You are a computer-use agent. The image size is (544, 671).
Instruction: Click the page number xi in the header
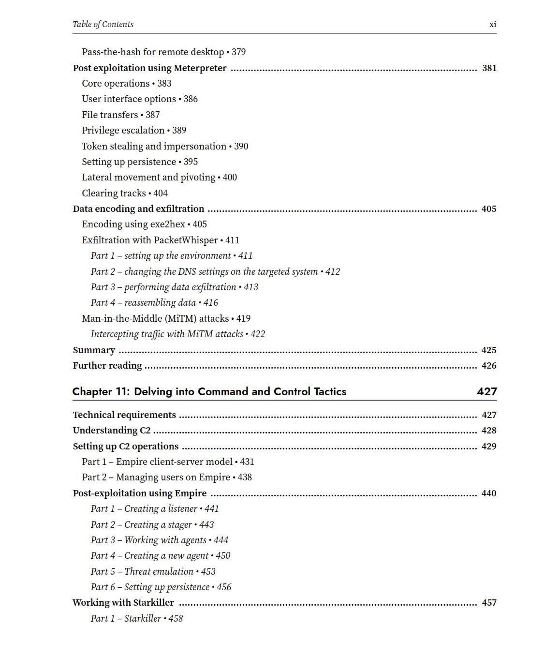pyautogui.click(x=492, y=24)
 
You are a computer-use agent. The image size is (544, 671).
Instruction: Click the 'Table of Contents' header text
pyautogui.click(x=103, y=24)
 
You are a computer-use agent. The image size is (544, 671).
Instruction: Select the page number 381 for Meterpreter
pyautogui.click(x=489, y=68)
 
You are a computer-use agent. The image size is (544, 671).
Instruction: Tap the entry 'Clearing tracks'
pyautogui.click(x=114, y=193)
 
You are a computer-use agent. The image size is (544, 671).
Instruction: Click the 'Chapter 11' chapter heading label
pyautogui.click(x=99, y=391)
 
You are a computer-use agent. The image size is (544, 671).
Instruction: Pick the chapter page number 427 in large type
pyautogui.click(x=486, y=391)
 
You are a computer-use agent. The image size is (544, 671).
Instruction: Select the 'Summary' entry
pyautogui.click(x=94, y=350)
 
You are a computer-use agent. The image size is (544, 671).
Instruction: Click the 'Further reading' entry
pyautogui.click(x=107, y=366)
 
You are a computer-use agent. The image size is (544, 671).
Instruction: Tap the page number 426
pyautogui.click(x=489, y=366)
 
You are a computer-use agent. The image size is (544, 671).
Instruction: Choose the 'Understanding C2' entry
pyautogui.click(x=112, y=431)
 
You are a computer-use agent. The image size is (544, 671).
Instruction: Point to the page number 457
pyautogui.click(x=489, y=603)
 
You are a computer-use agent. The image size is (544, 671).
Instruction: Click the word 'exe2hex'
pyautogui.click(x=167, y=224)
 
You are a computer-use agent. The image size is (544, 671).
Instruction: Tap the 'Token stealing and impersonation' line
pyautogui.click(x=154, y=146)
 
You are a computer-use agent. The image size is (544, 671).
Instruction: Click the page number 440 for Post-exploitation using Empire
pyautogui.click(x=489, y=493)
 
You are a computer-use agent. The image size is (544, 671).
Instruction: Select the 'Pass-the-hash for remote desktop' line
pyautogui.click(x=153, y=52)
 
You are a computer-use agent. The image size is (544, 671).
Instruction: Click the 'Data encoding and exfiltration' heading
pyautogui.click(x=138, y=209)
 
